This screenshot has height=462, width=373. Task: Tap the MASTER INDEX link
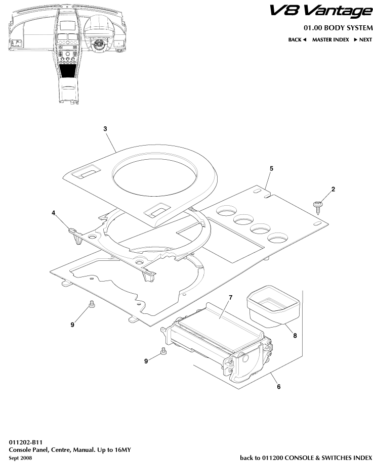[x=330, y=39]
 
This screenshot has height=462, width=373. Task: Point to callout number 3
[x=105, y=129]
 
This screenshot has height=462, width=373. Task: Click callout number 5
[x=271, y=168]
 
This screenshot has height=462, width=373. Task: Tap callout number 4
[x=53, y=213]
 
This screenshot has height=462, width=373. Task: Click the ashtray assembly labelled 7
[x=218, y=336]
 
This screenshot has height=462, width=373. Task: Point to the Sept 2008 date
[x=20, y=457]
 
